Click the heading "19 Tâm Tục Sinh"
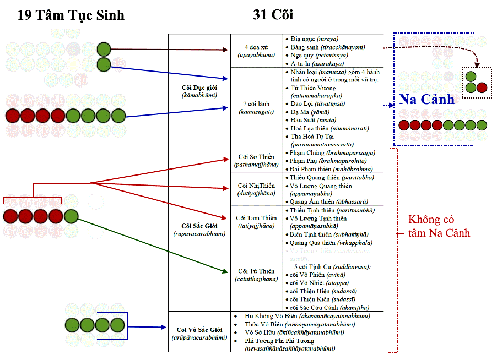pos(71,15)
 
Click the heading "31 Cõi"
pos(274,15)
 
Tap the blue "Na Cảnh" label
pos(427,100)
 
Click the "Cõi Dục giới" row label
pos(199,91)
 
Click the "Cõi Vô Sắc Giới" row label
pos(199,332)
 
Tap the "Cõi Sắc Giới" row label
pos(199,229)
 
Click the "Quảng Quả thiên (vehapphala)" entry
pos(331,243)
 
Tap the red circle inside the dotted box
pos(482,87)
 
